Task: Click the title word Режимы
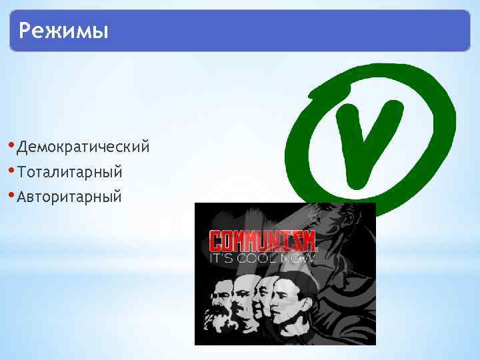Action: tap(63, 31)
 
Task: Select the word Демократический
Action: tap(84, 146)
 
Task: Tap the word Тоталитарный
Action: tap(70, 172)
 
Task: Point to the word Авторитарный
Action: tap(70, 197)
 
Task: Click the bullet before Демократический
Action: tap(14, 145)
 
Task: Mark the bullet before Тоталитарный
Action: tap(14, 170)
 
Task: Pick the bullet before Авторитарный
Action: tap(14, 195)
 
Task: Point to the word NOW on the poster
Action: tap(298, 257)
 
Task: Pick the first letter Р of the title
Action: tap(26, 31)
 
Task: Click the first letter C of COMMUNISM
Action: tap(216, 240)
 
